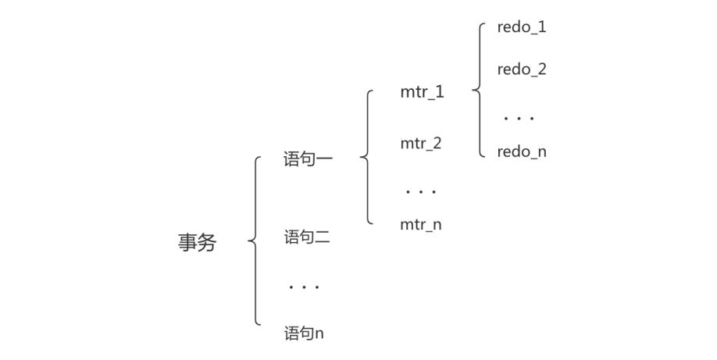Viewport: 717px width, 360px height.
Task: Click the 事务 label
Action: pyautogui.click(x=197, y=242)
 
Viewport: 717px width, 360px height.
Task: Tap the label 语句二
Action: pyautogui.click(x=307, y=237)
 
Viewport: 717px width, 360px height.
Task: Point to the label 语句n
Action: pyautogui.click(x=304, y=333)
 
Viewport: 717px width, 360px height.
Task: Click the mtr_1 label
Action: pyautogui.click(x=422, y=92)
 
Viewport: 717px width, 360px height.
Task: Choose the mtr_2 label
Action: pyautogui.click(x=421, y=143)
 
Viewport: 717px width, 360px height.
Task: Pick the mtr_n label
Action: pyautogui.click(x=421, y=224)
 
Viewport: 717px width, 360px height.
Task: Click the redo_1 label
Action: pyautogui.click(x=522, y=27)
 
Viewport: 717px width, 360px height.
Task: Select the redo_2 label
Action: pyautogui.click(x=522, y=69)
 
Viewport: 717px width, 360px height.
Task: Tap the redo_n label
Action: pyautogui.click(x=522, y=151)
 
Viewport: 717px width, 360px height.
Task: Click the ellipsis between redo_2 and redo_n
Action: pyautogui.click(x=519, y=119)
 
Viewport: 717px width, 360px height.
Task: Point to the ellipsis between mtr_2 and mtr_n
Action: pyautogui.click(x=421, y=191)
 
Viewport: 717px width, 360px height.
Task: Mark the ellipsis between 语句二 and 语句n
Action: pyautogui.click(x=304, y=287)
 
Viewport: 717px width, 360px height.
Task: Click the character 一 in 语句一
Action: pyautogui.click(x=325, y=159)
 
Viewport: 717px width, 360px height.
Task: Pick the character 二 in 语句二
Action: pyautogui.click(x=323, y=237)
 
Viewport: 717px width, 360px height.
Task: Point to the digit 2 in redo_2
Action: pyautogui.click(x=541, y=69)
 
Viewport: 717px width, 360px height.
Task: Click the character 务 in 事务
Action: pyautogui.click(x=207, y=242)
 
